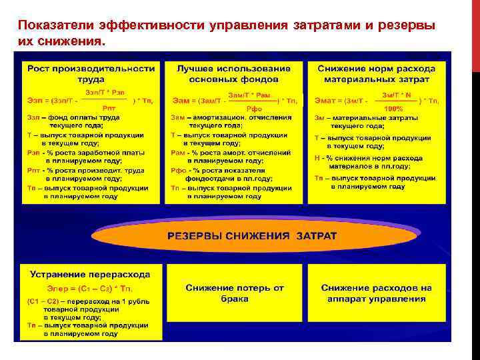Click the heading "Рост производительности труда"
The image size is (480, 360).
point(91,73)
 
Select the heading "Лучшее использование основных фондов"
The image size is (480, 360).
point(233,73)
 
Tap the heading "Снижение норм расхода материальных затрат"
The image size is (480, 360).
point(377,73)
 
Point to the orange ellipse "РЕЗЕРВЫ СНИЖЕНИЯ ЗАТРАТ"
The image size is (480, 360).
point(252,236)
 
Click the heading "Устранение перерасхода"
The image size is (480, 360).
point(89,274)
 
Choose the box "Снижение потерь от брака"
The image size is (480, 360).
point(235,293)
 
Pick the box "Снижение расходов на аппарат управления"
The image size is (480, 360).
point(376,293)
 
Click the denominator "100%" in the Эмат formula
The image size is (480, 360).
point(394,108)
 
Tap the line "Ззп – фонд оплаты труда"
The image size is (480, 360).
point(73,117)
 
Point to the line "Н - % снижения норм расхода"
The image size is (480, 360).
point(369,159)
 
